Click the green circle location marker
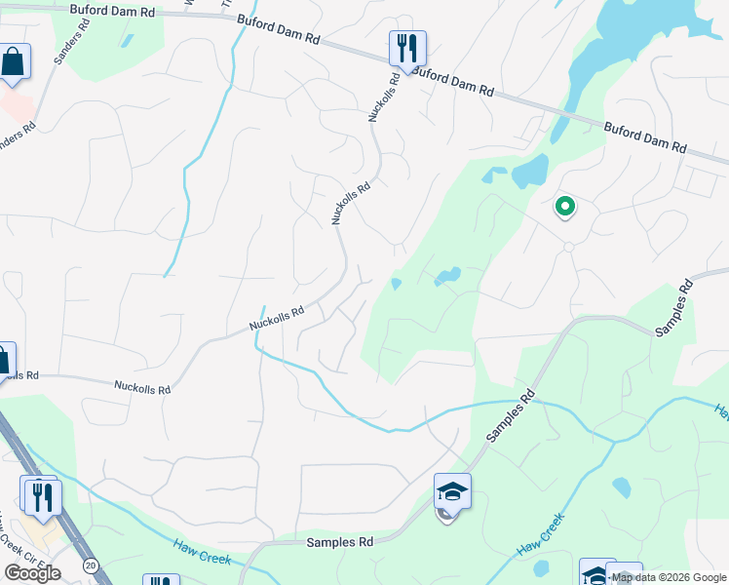[564, 207]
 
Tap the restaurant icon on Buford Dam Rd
[407, 48]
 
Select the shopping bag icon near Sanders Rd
[14, 62]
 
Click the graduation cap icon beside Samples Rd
[452, 491]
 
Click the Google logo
[32, 573]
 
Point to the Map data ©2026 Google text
[669, 577]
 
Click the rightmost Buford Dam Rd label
[645, 136]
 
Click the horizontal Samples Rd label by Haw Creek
[340, 542]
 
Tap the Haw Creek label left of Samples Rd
[202, 553]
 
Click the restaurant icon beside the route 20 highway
[42, 497]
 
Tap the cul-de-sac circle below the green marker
[568, 247]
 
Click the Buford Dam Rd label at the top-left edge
[113, 12]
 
